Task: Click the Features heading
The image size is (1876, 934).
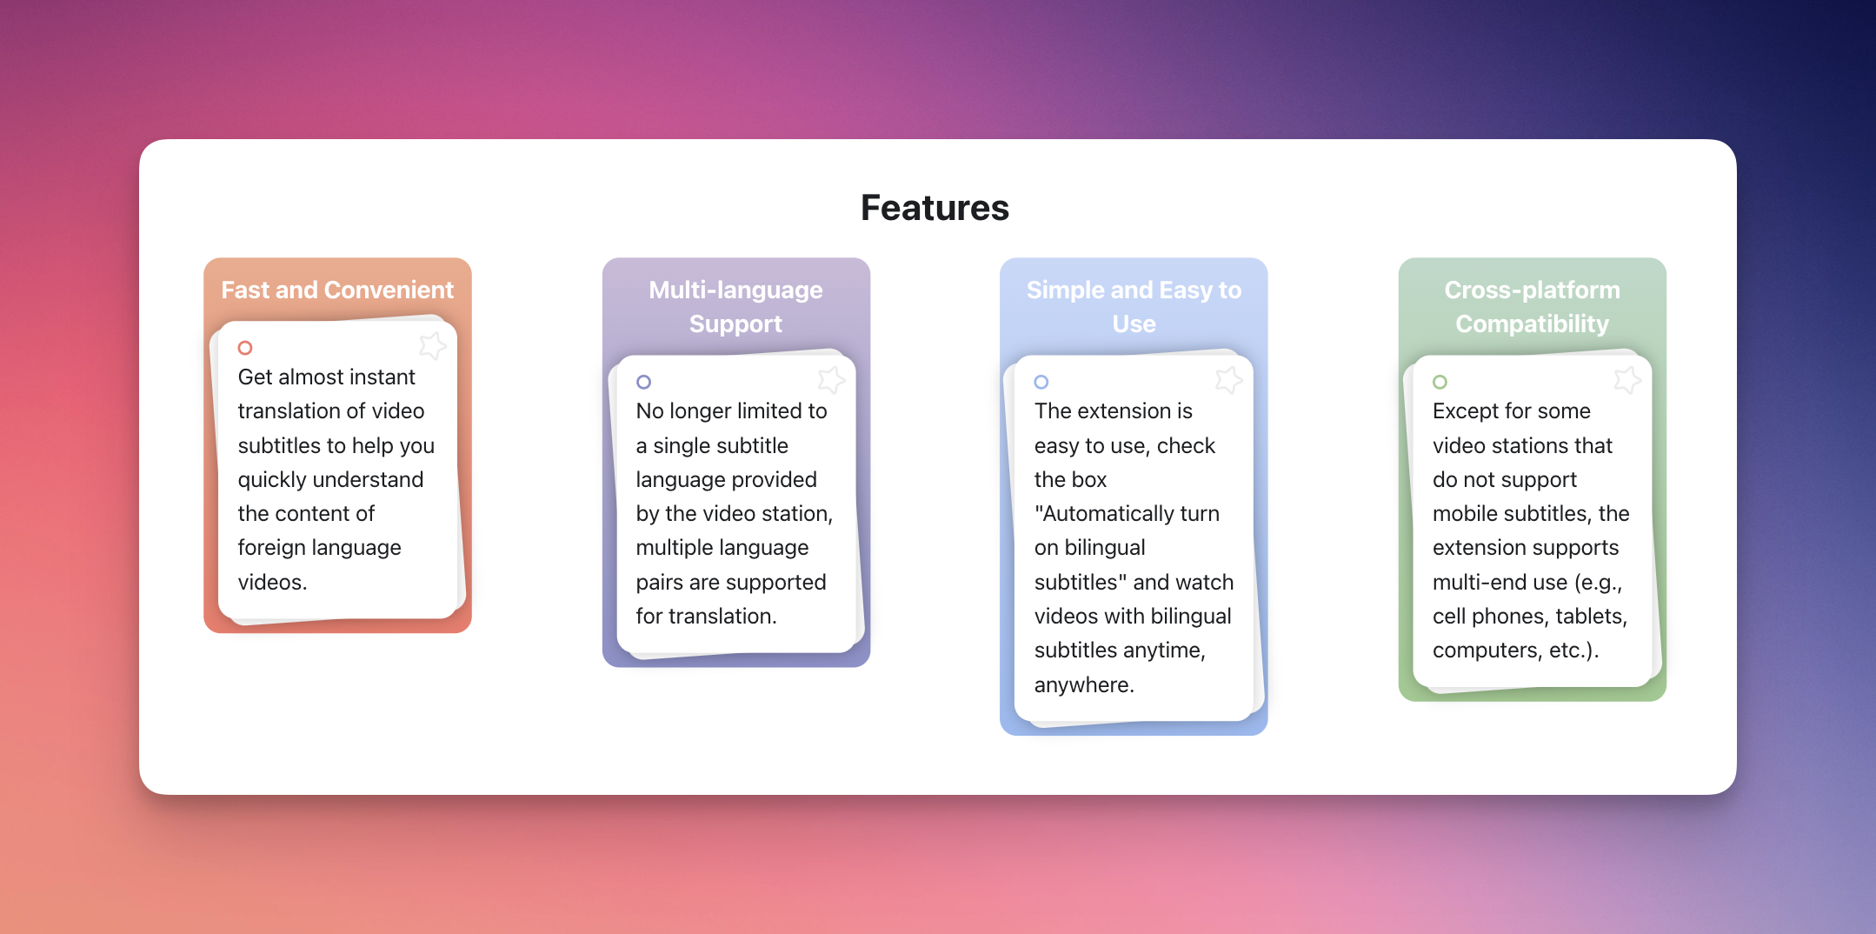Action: pyautogui.click(x=935, y=208)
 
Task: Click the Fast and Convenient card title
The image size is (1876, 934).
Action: pyautogui.click(x=337, y=290)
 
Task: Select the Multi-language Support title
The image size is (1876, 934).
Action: pyautogui.click(x=735, y=306)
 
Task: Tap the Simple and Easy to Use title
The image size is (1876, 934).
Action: pyautogui.click(x=1134, y=306)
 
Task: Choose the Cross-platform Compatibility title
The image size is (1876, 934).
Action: pyautogui.click(x=1532, y=306)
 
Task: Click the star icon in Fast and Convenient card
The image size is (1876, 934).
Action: pyautogui.click(x=432, y=345)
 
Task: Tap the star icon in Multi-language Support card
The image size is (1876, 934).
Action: pyautogui.click(x=831, y=379)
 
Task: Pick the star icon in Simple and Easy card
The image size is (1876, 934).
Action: pyautogui.click(x=1229, y=379)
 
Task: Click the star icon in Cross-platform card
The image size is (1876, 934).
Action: pyautogui.click(x=1627, y=379)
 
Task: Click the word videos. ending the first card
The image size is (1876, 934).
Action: pyautogui.click(x=272, y=582)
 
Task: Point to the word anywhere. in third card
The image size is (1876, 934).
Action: pyautogui.click(x=1084, y=684)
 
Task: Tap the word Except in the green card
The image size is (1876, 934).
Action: pyautogui.click(x=1464, y=411)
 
